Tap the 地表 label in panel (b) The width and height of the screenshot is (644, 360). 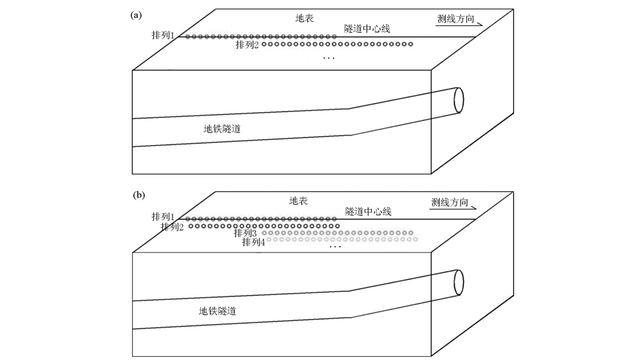click(298, 201)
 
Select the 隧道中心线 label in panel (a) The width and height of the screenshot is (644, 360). click(367, 29)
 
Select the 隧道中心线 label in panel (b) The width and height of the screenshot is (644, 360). click(368, 211)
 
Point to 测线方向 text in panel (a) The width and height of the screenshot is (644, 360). click(455, 19)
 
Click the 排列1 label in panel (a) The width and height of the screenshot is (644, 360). click(163, 36)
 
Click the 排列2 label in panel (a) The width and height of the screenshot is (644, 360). click(247, 44)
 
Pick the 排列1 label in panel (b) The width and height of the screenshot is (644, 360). click(163, 217)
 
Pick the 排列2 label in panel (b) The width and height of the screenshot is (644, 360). click(173, 227)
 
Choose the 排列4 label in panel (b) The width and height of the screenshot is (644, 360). click(254, 242)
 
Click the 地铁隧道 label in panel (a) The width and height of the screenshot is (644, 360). click(227, 129)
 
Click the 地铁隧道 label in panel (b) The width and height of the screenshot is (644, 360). click(218, 311)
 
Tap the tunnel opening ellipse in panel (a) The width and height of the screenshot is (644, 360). click(459, 99)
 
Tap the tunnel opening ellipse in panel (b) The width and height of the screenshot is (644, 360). click(459, 281)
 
